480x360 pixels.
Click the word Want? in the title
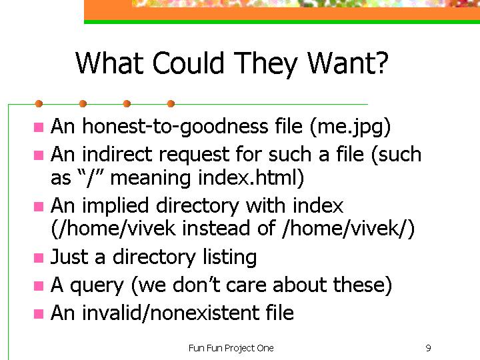pos(348,63)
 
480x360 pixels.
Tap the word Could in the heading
pos(188,63)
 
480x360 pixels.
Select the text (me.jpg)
pos(350,127)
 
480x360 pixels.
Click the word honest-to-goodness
pos(175,127)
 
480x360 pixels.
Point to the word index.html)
pos(251,178)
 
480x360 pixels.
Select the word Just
pos(69,257)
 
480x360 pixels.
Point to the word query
pos(97,286)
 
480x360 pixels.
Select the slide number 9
pos(428,348)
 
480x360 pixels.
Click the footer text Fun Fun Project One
pos(231,349)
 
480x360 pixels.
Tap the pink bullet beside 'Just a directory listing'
pos(39,258)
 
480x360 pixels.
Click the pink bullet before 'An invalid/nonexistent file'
pos(39,314)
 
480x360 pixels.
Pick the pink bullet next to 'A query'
pos(39,286)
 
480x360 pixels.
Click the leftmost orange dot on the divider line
pos(39,104)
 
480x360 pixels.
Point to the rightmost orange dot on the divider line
pos(171,104)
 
